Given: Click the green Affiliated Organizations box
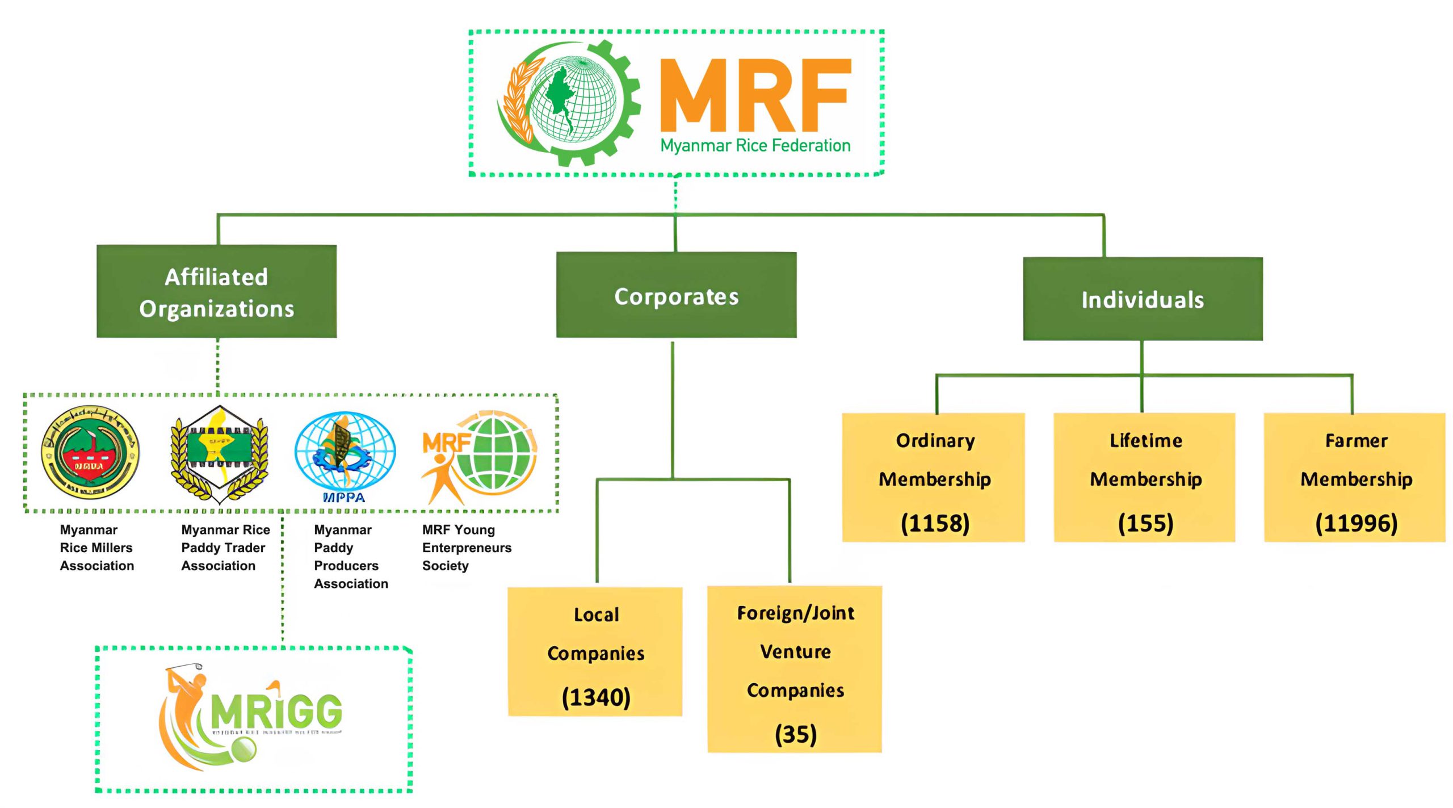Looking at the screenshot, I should point(216,292).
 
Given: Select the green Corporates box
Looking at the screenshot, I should point(676,296).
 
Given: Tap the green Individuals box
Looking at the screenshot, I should point(1143,299).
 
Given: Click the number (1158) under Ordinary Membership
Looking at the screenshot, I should point(935,523).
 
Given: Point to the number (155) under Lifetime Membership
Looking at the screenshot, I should point(1145,523).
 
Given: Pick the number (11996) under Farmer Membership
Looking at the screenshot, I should point(1356,523).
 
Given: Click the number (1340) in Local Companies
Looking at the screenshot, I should point(596,697).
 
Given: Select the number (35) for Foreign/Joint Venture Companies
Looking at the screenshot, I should point(795,734).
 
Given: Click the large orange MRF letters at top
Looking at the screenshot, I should point(755,95).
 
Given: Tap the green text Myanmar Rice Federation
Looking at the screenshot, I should point(755,146).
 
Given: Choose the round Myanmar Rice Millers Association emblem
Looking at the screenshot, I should point(90,452).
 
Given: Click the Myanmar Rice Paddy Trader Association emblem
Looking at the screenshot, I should point(219,454).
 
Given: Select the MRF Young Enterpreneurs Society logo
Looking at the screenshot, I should point(478,456).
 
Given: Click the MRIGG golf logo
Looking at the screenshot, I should point(253,716).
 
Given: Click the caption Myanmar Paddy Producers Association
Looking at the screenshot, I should point(351,556).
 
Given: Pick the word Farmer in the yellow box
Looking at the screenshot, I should point(1356,440).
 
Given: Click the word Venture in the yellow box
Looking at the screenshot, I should point(795,651).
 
